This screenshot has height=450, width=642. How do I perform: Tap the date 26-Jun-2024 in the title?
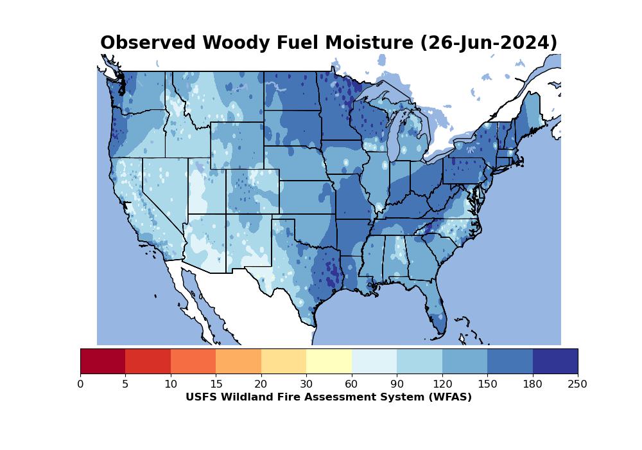pyautogui.click(x=489, y=43)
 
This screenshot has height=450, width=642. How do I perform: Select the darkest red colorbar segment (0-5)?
pyautogui.click(x=103, y=361)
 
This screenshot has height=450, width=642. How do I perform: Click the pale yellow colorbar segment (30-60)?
pyautogui.click(x=329, y=361)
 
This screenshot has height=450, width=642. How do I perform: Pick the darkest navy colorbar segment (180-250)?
pyautogui.click(x=555, y=361)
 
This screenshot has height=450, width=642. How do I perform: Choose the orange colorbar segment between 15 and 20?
pyautogui.click(x=238, y=361)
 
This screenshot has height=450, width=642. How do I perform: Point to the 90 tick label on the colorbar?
pyautogui.click(x=397, y=384)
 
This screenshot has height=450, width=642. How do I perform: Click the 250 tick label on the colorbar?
pyautogui.click(x=578, y=384)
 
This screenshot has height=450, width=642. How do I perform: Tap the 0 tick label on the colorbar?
pyautogui.click(x=80, y=384)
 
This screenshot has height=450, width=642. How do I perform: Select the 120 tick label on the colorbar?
pyautogui.click(x=442, y=384)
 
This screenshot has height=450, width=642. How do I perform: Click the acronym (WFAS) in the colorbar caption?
pyautogui.click(x=448, y=397)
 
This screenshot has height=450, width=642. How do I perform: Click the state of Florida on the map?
pyautogui.click(x=437, y=315)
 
